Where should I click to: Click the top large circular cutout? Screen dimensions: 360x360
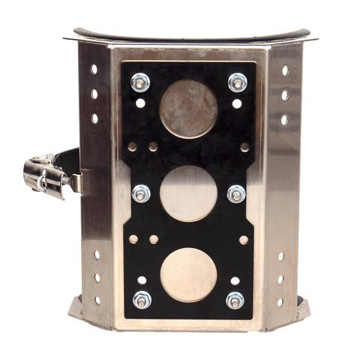[188, 109]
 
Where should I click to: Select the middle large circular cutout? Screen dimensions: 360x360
[188, 193]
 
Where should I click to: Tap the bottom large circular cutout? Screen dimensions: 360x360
[188, 274]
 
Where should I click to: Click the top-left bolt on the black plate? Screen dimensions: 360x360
[140, 82]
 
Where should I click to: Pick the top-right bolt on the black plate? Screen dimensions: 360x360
[238, 82]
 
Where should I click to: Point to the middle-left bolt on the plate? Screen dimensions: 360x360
[140, 193]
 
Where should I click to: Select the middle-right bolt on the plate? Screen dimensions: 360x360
[237, 193]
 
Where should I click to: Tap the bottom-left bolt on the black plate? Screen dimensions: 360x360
[142, 299]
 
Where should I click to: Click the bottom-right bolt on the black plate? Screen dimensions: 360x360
[235, 300]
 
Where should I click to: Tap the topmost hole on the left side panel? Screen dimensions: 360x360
[94, 69]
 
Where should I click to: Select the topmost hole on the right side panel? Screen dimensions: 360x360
[285, 70]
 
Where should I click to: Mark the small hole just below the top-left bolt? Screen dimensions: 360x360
[140, 103]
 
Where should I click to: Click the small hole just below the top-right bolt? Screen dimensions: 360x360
[237, 103]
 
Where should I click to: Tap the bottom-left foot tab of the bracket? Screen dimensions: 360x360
[77, 309]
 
